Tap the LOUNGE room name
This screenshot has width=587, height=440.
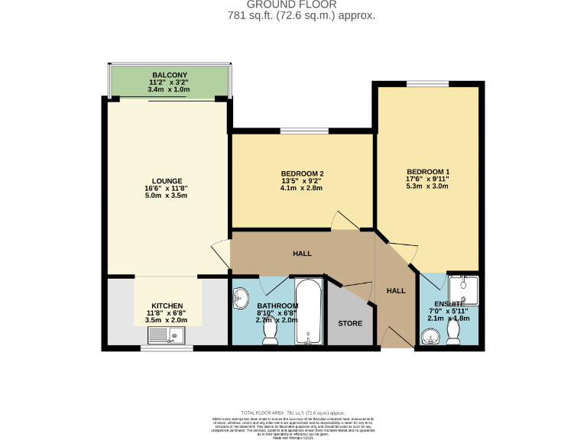coord(166,181)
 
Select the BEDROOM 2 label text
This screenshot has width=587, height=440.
coord(302,173)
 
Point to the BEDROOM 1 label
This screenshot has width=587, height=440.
coord(427,171)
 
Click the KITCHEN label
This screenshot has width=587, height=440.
coord(166,306)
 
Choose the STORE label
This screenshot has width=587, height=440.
coord(350,323)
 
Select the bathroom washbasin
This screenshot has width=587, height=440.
coord(242,296)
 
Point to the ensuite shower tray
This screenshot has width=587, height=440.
coord(462,290)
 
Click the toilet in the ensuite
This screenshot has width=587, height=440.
coord(454,332)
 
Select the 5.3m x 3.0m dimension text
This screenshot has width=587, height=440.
coord(427,186)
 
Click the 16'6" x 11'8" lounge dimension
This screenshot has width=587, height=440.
coord(166,189)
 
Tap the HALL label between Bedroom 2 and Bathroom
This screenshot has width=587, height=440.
coord(302,254)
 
